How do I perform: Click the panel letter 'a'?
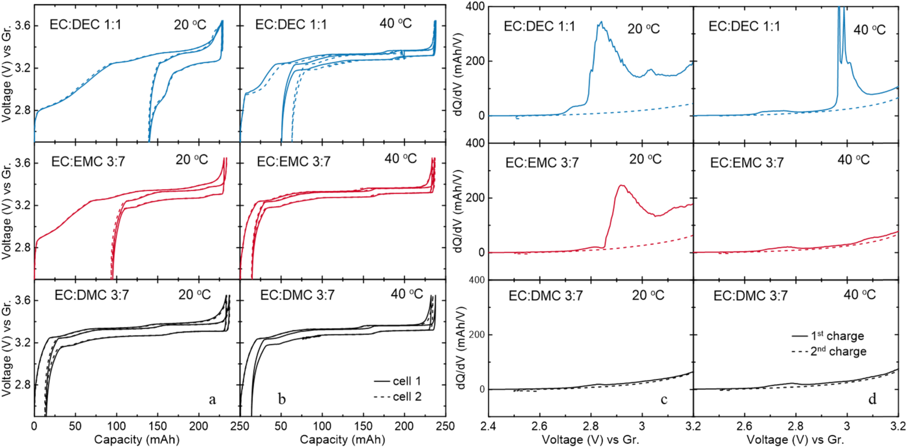point(213,399)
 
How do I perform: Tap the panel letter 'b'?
point(282,399)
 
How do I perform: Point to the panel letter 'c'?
point(664,399)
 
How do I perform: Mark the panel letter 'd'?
point(872,399)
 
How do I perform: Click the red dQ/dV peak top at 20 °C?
point(621,186)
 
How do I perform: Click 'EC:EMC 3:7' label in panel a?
point(88,162)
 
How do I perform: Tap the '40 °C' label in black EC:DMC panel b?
point(407,294)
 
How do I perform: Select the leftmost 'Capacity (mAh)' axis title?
point(137,439)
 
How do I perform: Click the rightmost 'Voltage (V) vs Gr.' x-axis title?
point(795,439)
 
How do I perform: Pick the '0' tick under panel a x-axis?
point(34,426)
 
